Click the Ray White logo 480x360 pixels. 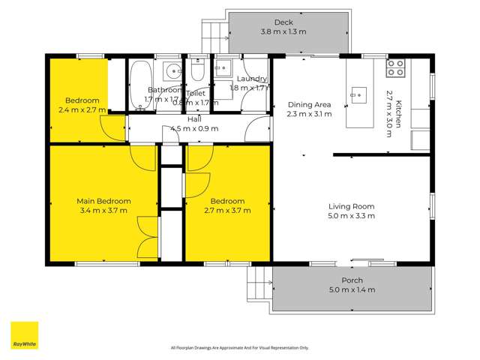pyautogui.click(x=24, y=335)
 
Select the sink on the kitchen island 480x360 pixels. pyautogui.click(x=359, y=94)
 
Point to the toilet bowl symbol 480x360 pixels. pyautogui.click(x=195, y=72)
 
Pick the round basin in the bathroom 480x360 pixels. pyautogui.click(x=172, y=72)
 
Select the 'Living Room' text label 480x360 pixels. pyautogui.click(x=351, y=206)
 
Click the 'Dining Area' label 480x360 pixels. pyautogui.click(x=308, y=105)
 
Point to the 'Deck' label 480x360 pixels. pyautogui.click(x=283, y=22)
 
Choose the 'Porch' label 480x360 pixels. pyautogui.click(x=352, y=281)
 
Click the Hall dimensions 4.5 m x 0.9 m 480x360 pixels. pyautogui.click(x=194, y=128)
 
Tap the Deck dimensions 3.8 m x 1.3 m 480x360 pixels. pyautogui.click(x=283, y=32)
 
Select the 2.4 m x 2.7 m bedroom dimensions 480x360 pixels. pyautogui.click(x=82, y=109)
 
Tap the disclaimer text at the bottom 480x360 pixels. pyautogui.click(x=239, y=347)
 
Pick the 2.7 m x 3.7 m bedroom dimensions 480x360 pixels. pyautogui.click(x=227, y=211)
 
